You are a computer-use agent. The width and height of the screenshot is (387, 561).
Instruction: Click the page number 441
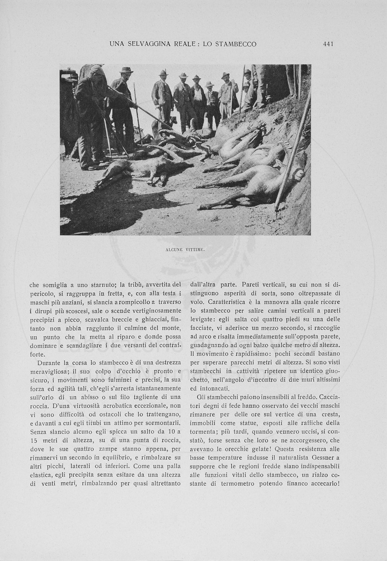328,44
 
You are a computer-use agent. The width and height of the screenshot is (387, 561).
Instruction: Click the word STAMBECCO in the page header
236,44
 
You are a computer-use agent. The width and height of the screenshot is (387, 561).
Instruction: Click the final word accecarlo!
321,483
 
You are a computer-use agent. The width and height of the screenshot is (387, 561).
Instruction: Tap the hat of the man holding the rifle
126,70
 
